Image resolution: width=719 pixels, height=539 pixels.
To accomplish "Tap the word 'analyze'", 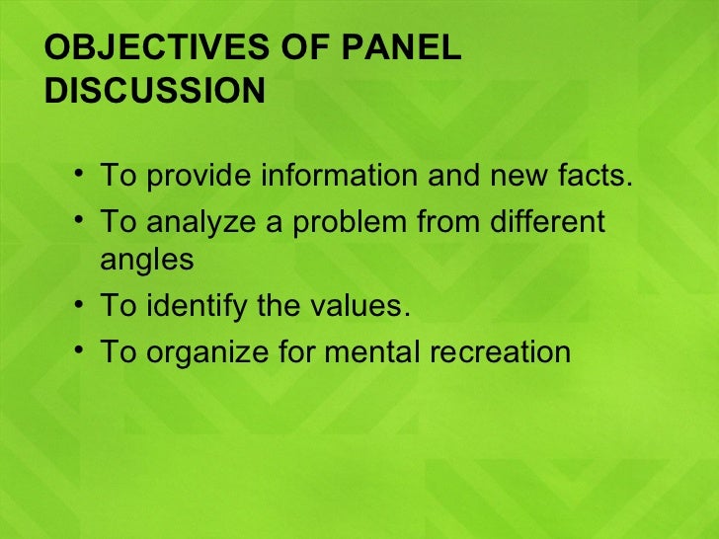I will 200,222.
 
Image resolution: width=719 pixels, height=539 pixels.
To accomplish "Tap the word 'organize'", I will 202,352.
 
